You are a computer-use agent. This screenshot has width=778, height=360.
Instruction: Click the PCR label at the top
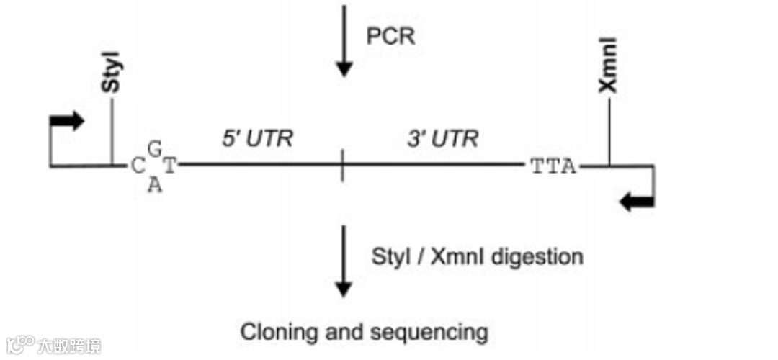[390, 36]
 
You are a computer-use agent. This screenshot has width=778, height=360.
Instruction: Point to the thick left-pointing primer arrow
[637, 203]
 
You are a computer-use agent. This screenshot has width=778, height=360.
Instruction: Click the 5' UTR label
[257, 138]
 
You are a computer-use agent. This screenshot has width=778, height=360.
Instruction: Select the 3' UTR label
[442, 138]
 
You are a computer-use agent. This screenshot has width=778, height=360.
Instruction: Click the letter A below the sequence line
[153, 185]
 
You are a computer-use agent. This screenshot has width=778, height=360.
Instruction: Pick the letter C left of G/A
[138, 167]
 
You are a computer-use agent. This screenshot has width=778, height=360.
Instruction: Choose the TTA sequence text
[553, 167]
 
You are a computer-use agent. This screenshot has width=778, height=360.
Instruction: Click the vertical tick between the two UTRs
[343, 166]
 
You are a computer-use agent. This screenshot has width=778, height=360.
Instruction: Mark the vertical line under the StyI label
[112, 133]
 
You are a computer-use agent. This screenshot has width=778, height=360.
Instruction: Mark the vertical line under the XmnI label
[609, 133]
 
